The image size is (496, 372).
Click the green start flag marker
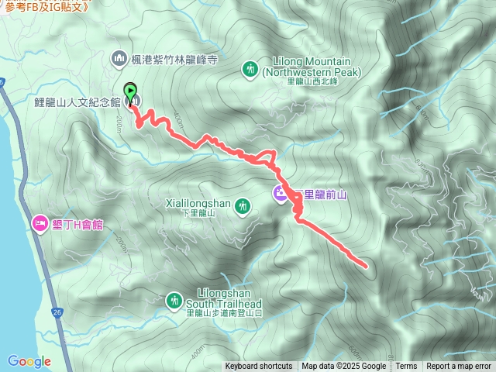pyautogui.click(x=130, y=89)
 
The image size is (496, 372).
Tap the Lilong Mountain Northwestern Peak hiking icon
pyautogui.click(x=250, y=69)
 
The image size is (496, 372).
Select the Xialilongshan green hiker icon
pyautogui.click(x=243, y=205)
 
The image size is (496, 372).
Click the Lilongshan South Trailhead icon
pyautogui.click(x=174, y=299)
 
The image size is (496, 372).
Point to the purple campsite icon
pyautogui.click(x=279, y=193)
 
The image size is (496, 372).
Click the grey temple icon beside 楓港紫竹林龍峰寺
pyautogui.click(x=119, y=58)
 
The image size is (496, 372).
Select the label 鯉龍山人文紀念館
pyautogui.click(x=77, y=102)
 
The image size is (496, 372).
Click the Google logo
pyautogui.click(x=29, y=360)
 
